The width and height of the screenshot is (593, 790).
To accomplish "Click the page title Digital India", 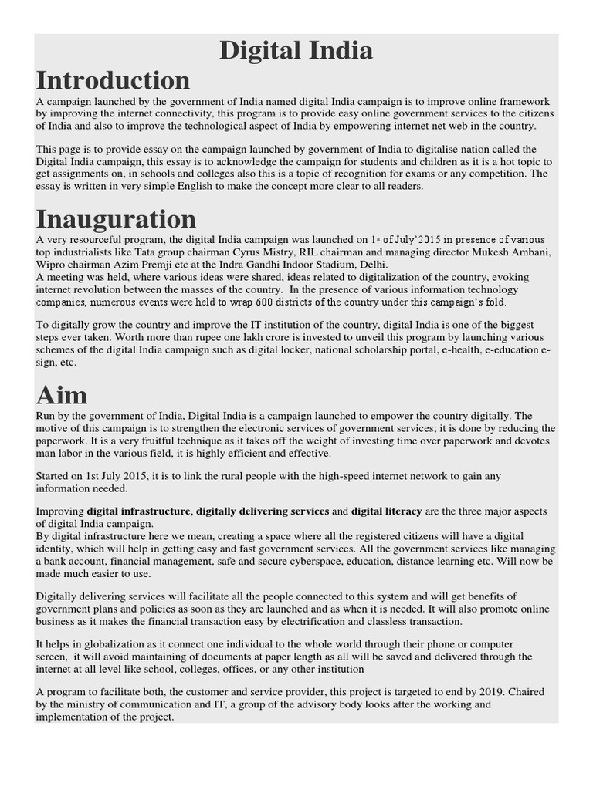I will [296, 51].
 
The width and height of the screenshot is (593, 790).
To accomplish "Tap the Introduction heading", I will [113, 79].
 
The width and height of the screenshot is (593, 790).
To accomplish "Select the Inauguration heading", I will [116, 219].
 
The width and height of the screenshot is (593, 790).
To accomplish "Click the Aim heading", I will [62, 395].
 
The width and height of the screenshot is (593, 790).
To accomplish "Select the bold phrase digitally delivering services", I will [262, 511].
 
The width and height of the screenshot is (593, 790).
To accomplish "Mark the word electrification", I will [351, 622].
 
